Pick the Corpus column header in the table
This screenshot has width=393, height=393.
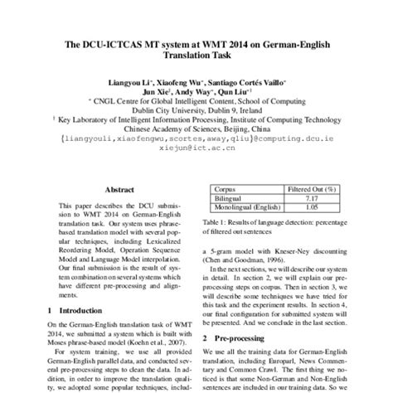pos(228,189)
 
